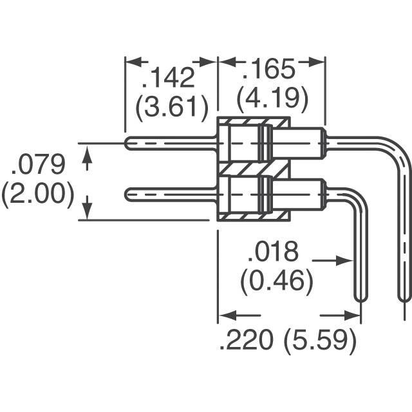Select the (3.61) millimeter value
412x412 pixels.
click(x=172, y=108)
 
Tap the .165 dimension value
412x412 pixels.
click(x=268, y=69)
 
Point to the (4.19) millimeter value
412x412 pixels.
click(x=272, y=97)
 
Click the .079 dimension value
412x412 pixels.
click(x=38, y=165)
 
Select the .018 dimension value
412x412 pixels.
click(x=273, y=252)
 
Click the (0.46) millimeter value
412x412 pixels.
click(x=277, y=281)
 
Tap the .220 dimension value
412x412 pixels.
click(x=246, y=340)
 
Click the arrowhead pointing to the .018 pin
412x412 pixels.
click(x=344, y=261)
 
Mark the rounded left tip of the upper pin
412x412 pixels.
click(x=127, y=144)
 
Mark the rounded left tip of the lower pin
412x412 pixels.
click(x=127, y=194)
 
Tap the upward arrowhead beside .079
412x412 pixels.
click(x=88, y=154)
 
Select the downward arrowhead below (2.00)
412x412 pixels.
click(x=88, y=211)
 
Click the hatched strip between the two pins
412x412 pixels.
click(x=254, y=169)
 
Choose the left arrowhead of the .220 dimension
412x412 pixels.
click(x=227, y=315)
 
